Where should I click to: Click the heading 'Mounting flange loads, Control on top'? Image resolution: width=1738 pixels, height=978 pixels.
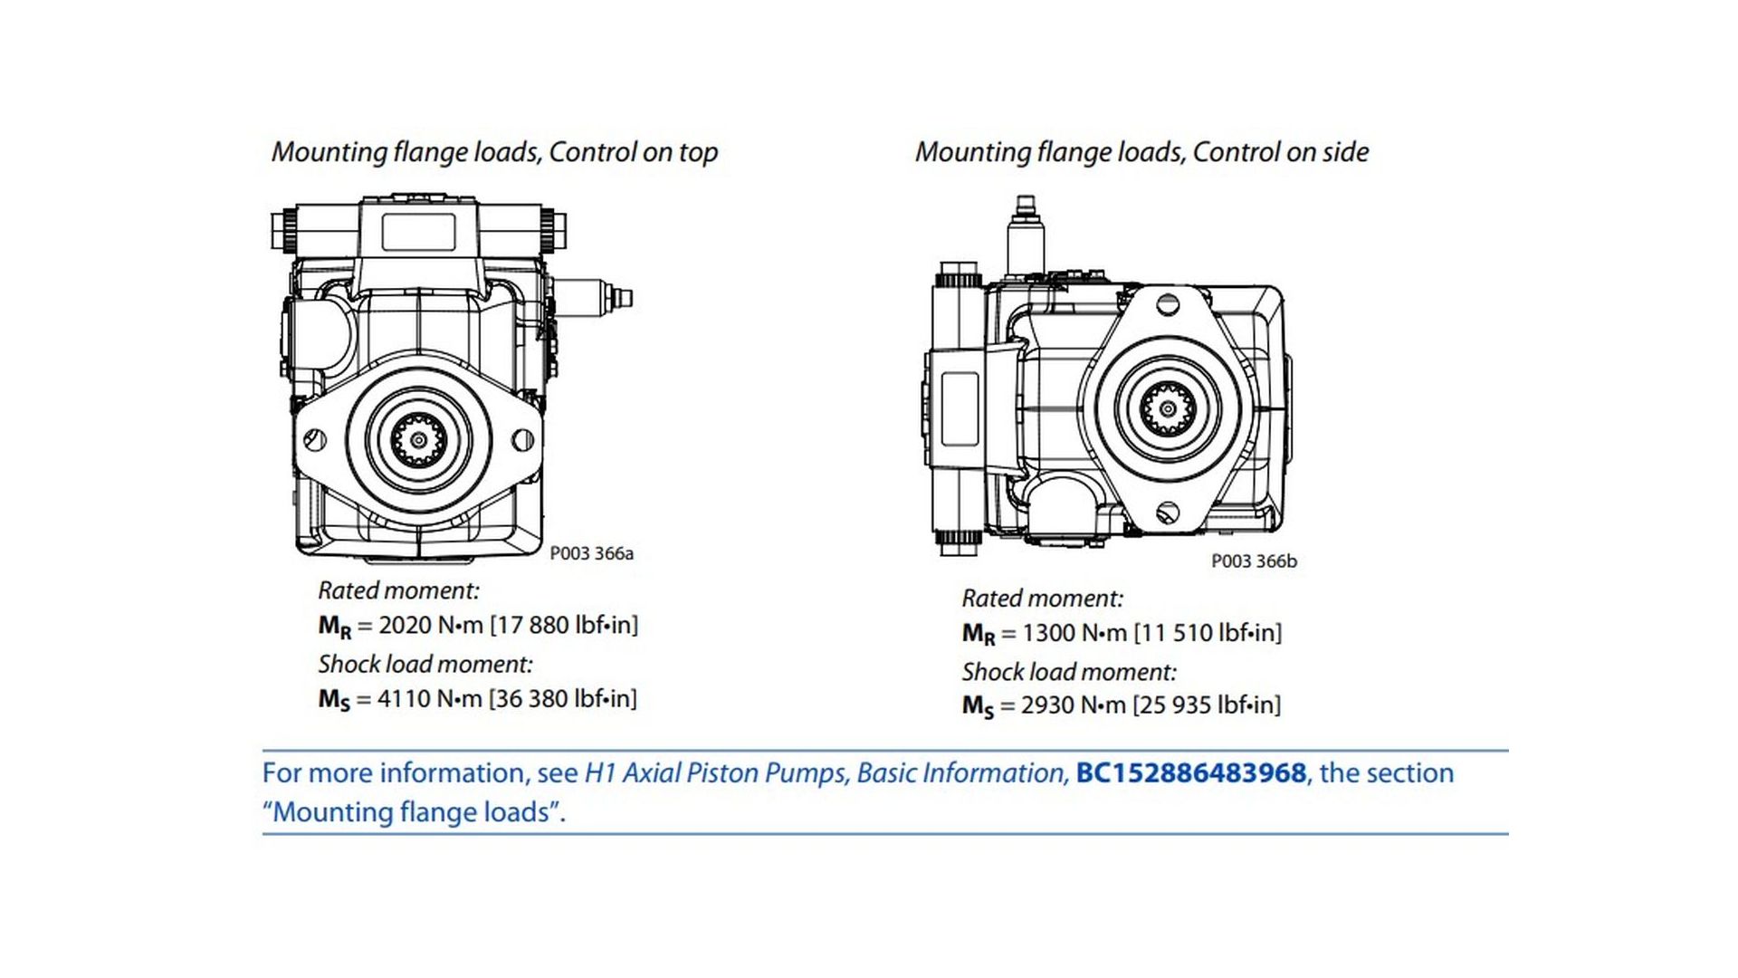point(494,152)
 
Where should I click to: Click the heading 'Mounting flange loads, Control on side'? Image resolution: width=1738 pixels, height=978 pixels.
point(1141,152)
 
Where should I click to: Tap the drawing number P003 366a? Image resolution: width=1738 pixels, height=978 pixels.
point(591,553)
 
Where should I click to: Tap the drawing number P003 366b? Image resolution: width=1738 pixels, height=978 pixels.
point(1254,561)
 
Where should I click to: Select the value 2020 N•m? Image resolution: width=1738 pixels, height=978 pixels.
point(430,625)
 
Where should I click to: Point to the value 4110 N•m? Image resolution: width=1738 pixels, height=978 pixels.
point(429,699)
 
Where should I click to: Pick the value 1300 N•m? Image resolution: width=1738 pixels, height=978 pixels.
point(1074,633)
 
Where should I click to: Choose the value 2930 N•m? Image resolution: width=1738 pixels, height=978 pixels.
point(1074,705)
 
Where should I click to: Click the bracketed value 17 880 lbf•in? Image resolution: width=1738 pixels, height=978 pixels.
point(564,625)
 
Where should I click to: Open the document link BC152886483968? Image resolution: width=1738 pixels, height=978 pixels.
point(1190,773)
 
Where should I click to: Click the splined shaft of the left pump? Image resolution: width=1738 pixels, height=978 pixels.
point(418,440)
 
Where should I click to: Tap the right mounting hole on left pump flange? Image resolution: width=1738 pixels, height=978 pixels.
point(523,441)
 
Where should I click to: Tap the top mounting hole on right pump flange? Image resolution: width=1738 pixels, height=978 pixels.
point(1169,305)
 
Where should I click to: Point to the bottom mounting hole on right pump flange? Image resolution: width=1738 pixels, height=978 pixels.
point(1169,513)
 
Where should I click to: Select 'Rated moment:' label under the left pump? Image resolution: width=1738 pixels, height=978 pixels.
point(398,590)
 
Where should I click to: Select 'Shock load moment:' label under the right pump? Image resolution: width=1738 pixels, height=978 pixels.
point(1069,672)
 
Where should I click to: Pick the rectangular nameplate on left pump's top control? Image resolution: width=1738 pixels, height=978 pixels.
point(418,232)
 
